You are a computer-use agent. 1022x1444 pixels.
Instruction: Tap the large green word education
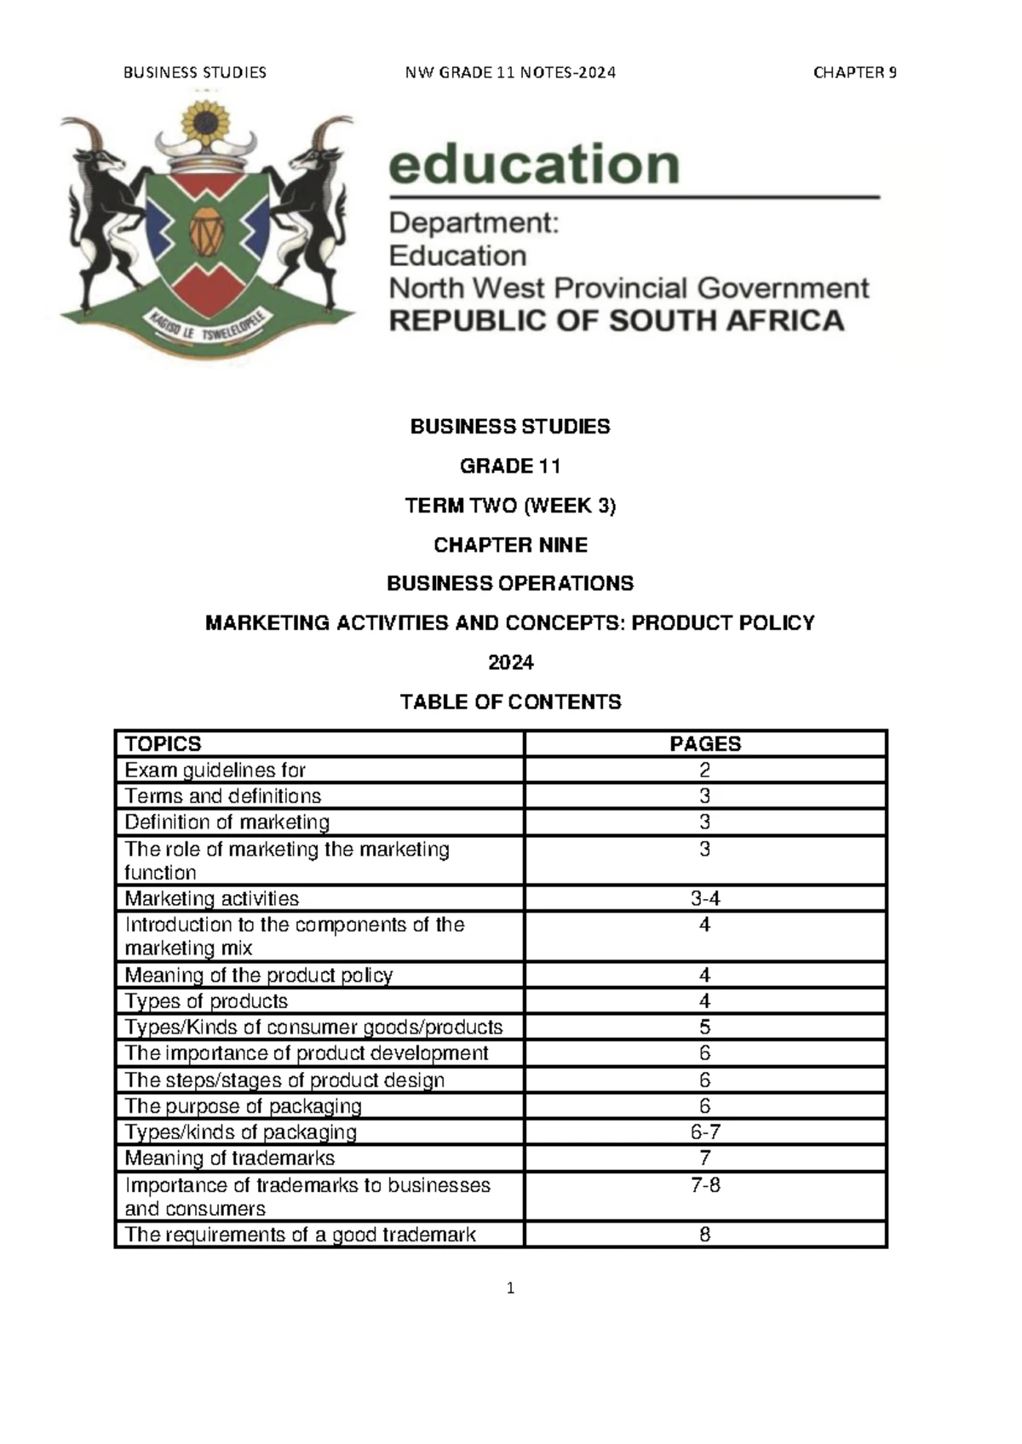point(534,164)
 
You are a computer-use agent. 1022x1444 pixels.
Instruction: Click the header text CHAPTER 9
point(854,72)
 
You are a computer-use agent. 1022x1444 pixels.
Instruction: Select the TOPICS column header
point(164,744)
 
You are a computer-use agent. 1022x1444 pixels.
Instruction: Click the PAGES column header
point(705,744)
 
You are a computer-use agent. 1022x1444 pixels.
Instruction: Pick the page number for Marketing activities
point(705,899)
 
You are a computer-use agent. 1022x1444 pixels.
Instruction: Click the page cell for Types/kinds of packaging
point(705,1132)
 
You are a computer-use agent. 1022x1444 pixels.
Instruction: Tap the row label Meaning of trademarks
point(230,1158)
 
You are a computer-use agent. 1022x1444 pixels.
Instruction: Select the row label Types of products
point(206,1001)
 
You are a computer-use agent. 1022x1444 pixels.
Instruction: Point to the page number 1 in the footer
point(510,1288)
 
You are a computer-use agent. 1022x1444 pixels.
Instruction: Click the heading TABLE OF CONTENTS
point(510,702)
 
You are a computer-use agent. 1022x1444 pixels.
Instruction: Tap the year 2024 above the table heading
point(510,662)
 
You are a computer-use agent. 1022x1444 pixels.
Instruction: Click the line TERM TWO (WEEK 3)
point(510,506)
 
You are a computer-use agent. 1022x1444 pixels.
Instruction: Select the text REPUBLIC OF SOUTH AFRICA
point(617,321)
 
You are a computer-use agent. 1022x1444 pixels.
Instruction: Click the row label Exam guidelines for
point(215,771)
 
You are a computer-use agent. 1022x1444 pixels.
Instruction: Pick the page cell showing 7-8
point(705,1185)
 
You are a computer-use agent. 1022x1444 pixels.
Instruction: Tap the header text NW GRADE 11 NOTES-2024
point(510,72)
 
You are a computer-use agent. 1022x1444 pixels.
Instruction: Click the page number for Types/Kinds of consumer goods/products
point(705,1028)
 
